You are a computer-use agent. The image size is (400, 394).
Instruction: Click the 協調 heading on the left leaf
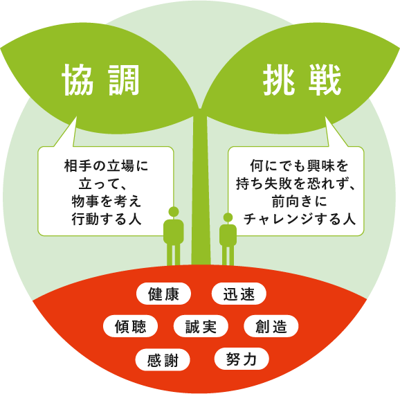[x=101, y=80]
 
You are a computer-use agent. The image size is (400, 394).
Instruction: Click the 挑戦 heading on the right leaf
[x=302, y=80]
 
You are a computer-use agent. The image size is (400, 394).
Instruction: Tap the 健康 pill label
[x=163, y=294]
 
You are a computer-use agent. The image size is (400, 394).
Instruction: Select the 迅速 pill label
[x=239, y=294]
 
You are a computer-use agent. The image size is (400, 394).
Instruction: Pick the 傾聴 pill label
[x=130, y=326]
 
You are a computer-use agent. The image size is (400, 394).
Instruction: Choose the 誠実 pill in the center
[x=201, y=326]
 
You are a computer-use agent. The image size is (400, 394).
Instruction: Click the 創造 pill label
[x=271, y=326]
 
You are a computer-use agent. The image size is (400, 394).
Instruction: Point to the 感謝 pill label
[x=163, y=359]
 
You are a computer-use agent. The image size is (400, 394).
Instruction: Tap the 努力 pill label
[x=242, y=359]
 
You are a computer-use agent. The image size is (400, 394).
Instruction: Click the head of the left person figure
[x=174, y=212]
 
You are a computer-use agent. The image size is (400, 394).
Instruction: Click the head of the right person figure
[x=228, y=217]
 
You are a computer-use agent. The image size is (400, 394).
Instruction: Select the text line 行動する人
[x=106, y=219]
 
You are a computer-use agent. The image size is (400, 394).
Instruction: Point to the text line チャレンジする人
[x=299, y=219]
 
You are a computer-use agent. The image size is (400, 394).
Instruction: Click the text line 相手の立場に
[x=106, y=166]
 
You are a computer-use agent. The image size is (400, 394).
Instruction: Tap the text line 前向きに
[x=299, y=202]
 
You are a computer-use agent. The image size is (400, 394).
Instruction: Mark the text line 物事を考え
[x=106, y=202]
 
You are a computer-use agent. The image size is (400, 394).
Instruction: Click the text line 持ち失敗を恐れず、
[x=296, y=183]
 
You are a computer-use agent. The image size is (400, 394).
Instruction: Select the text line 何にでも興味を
[x=299, y=166]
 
